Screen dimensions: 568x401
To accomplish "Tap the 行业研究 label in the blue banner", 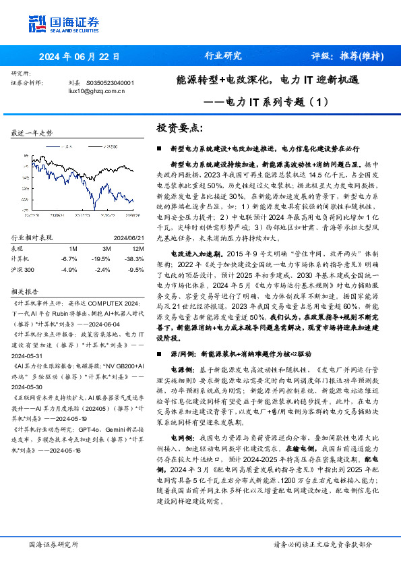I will click(222, 56).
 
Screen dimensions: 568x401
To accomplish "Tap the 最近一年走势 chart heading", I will click(32, 133).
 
